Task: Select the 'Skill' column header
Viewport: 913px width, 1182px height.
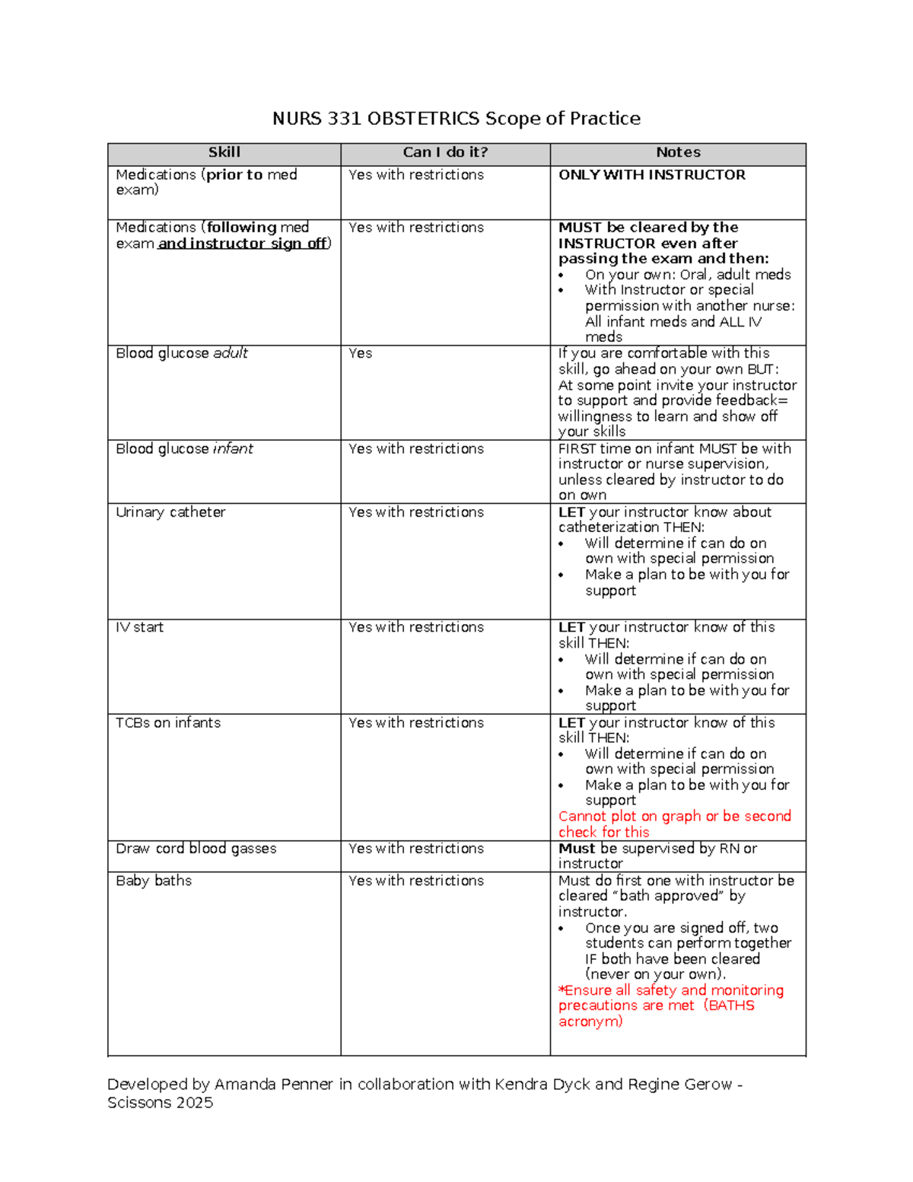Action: pyautogui.click(x=224, y=153)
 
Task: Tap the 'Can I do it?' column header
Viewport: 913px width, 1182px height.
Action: pyautogui.click(x=445, y=153)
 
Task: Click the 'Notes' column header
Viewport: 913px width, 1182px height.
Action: pyautogui.click(x=678, y=153)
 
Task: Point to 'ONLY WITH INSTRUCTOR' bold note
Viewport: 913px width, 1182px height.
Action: pyautogui.click(x=651, y=175)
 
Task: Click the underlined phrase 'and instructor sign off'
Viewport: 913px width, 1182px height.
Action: pyautogui.click(x=243, y=244)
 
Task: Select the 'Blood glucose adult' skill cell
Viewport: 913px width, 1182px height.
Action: pyautogui.click(x=182, y=353)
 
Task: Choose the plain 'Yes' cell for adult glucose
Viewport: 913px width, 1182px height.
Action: pyautogui.click(x=360, y=353)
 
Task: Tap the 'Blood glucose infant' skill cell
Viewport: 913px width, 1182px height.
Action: pyautogui.click(x=184, y=449)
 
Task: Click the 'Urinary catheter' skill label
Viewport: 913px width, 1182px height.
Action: pyautogui.click(x=170, y=512)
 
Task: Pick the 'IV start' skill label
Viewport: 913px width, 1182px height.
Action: pyautogui.click(x=139, y=627)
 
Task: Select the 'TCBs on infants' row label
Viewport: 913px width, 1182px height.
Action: pyautogui.click(x=168, y=723)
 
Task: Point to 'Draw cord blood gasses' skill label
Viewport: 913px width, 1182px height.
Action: pyautogui.click(x=196, y=849)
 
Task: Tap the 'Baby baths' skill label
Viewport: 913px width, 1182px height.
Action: pyautogui.click(x=154, y=881)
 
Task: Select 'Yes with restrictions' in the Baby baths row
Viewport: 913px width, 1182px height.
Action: pyautogui.click(x=415, y=881)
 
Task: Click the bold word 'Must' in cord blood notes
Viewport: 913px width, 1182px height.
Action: pyautogui.click(x=577, y=849)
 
